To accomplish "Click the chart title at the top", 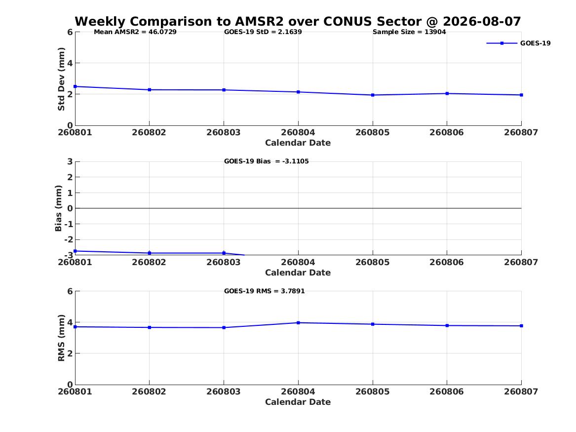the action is pyautogui.click(x=298, y=21).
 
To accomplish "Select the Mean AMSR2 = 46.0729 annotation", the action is pyautogui.click(x=135, y=32).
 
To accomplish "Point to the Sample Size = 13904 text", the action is pyautogui.click(x=409, y=32).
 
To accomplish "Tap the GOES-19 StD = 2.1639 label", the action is pyautogui.click(x=263, y=32).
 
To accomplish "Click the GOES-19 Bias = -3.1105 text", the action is pyautogui.click(x=267, y=161).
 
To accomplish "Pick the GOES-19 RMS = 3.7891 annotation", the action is pyautogui.click(x=265, y=291).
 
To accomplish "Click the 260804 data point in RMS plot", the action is pyautogui.click(x=298, y=323).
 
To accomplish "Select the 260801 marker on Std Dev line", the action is pyautogui.click(x=75, y=87).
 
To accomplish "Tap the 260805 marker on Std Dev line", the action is pyautogui.click(x=373, y=95).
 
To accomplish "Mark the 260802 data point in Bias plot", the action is pyautogui.click(x=150, y=253).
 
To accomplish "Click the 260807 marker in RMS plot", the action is pyautogui.click(x=522, y=326).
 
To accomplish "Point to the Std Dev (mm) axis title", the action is pyautogui.click(x=61, y=79).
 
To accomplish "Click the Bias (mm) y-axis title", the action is pyautogui.click(x=58, y=208).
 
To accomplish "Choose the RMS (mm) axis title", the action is pyautogui.click(x=61, y=338).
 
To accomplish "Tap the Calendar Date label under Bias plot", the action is pyautogui.click(x=298, y=273).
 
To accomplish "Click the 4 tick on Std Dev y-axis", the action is pyautogui.click(x=70, y=63).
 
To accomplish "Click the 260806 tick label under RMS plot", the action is pyautogui.click(x=447, y=392).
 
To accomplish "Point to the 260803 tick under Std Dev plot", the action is pyautogui.click(x=224, y=132).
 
